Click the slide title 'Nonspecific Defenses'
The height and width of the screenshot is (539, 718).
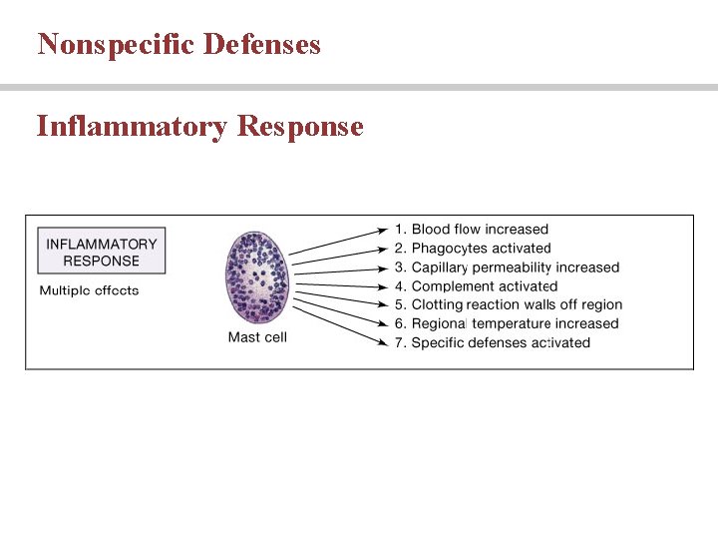[x=179, y=44]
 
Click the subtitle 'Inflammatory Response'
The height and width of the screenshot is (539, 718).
[x=199, y=127]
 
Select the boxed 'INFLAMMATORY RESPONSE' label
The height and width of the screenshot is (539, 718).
[x=102, y=252]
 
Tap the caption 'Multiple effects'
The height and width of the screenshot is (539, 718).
[x=89, y=290]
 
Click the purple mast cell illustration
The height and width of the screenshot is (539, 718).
[x=257, y=276]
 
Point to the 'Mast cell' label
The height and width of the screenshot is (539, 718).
[x=257, y=337]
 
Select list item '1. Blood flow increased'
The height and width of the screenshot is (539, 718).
[x=471, y=230]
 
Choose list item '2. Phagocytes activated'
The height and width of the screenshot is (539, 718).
[x=472, y=249]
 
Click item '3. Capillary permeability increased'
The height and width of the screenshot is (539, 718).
[x=507, y=268]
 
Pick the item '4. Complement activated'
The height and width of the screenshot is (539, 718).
[x=476, y=286]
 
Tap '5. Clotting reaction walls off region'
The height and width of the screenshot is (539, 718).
[x=508, y=304]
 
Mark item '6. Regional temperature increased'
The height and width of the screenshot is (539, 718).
[x=506, y=323]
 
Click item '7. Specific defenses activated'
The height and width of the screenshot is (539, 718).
[x=492, y=342]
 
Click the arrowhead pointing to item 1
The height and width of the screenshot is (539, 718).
[x=383, y=231]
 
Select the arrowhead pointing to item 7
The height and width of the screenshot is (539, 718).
[x=383, y=342]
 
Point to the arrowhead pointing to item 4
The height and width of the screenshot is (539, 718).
[x=383, y=286]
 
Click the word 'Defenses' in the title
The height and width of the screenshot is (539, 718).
[x=261, y=44]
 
